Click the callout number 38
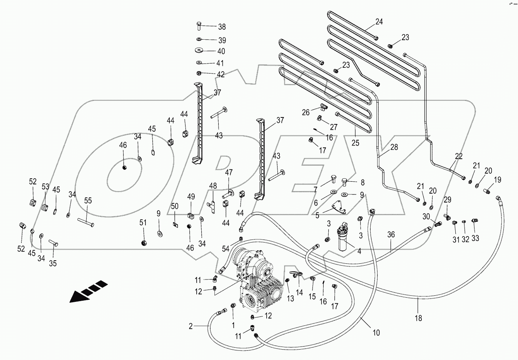[222, 27]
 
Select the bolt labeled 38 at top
[199, 25]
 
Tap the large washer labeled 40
[199, 50]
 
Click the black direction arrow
[89, 291]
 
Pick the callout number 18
[418, 318]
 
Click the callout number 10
[376, 333]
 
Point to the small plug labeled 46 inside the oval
[124, 167]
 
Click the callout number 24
[379, 22]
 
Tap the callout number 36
[391, 234]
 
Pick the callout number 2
[190, 327]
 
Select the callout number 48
[213, 186]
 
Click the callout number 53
[45, 187]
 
